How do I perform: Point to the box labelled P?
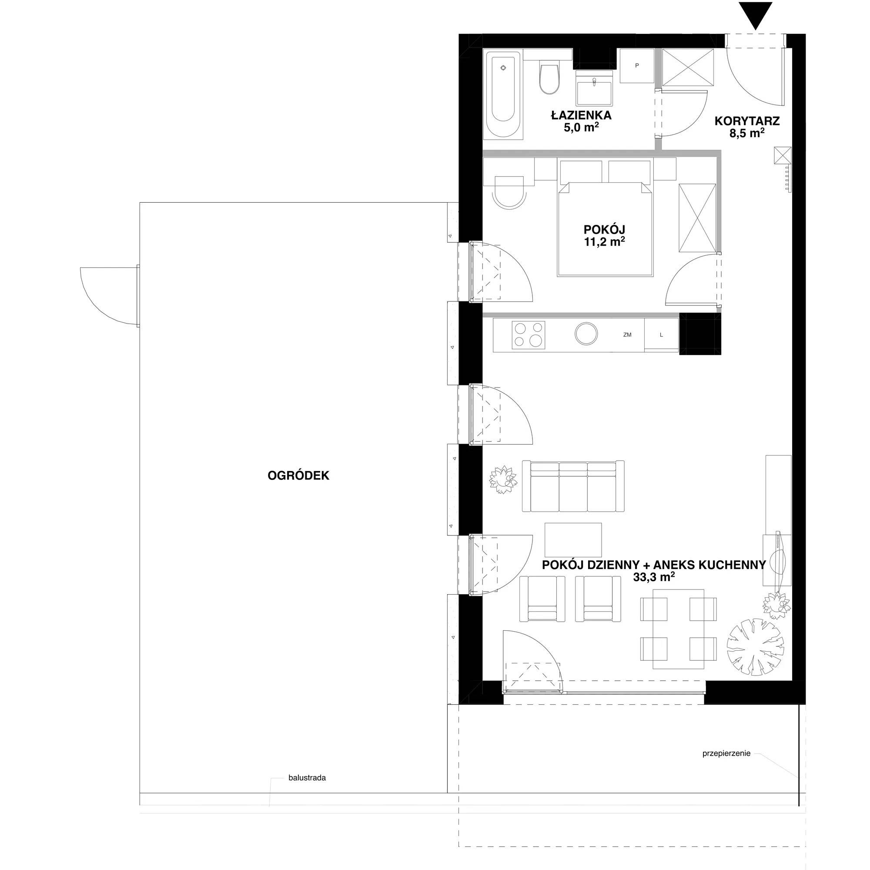coord(637,66)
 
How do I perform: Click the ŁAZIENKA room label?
coord(581,115)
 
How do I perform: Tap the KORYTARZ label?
coord(747,120)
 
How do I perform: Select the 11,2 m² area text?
coord(604,242)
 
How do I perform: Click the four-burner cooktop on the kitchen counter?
coord(528,335)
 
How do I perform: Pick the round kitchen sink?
coord(586,334)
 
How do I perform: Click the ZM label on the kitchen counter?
coord(627,335)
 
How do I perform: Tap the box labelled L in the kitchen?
coord(661,335)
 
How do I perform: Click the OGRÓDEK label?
coord(298,475)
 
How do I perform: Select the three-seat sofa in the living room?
coord(573,486)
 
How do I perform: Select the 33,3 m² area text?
coord(654,577)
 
